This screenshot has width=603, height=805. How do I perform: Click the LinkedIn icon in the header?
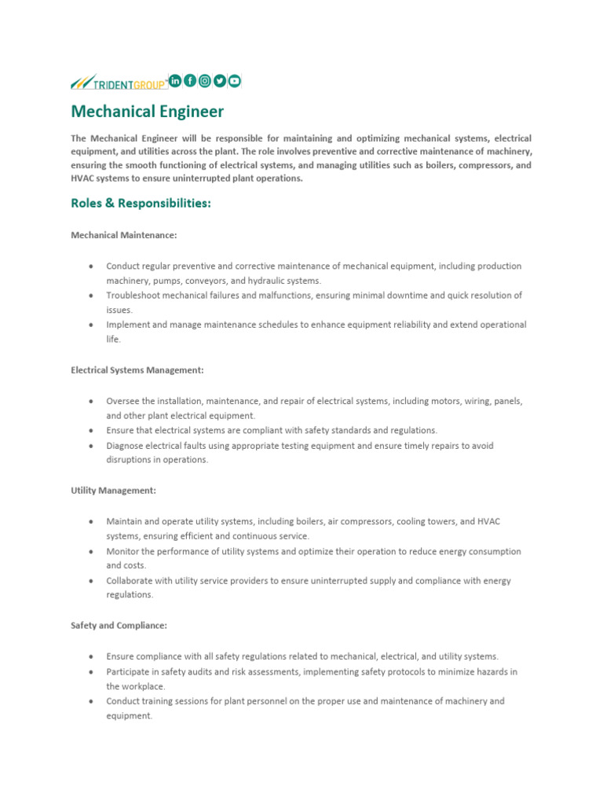pyautogui.click(x=175, y=80)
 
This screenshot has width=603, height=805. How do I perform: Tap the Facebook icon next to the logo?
pyautogui.click(x=190, y=80)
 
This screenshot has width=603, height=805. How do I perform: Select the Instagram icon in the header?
pyautogui.click(x=205, y=80)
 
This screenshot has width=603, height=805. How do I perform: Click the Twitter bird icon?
pyautogui.click(x=220, y=80)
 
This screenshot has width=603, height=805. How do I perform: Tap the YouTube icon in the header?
pyautogui.click(x=235, y=80)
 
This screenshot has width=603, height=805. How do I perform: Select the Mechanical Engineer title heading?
pyautogui.click(x=147, y=112)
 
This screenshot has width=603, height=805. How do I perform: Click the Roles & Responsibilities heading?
pyautogui.click(x=141, y=204)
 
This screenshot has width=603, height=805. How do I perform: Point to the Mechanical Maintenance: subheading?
pyautogui.click(x=123, y=235)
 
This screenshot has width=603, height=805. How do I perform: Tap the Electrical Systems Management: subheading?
pyautogui.click(x=137, y=369)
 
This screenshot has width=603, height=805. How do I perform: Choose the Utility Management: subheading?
pyautogui.click(x=113, y=490)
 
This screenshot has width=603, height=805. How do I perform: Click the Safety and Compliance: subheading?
pyautogui.click(x=119, y=625)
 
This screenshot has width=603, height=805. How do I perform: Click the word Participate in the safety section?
pyautogui.click(x=129, y=672)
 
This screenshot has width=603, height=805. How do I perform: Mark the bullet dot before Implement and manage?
pyautogui.click(x=91, y=325)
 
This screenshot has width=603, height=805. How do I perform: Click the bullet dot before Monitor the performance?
pyautogui.click(x=91, y=552)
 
